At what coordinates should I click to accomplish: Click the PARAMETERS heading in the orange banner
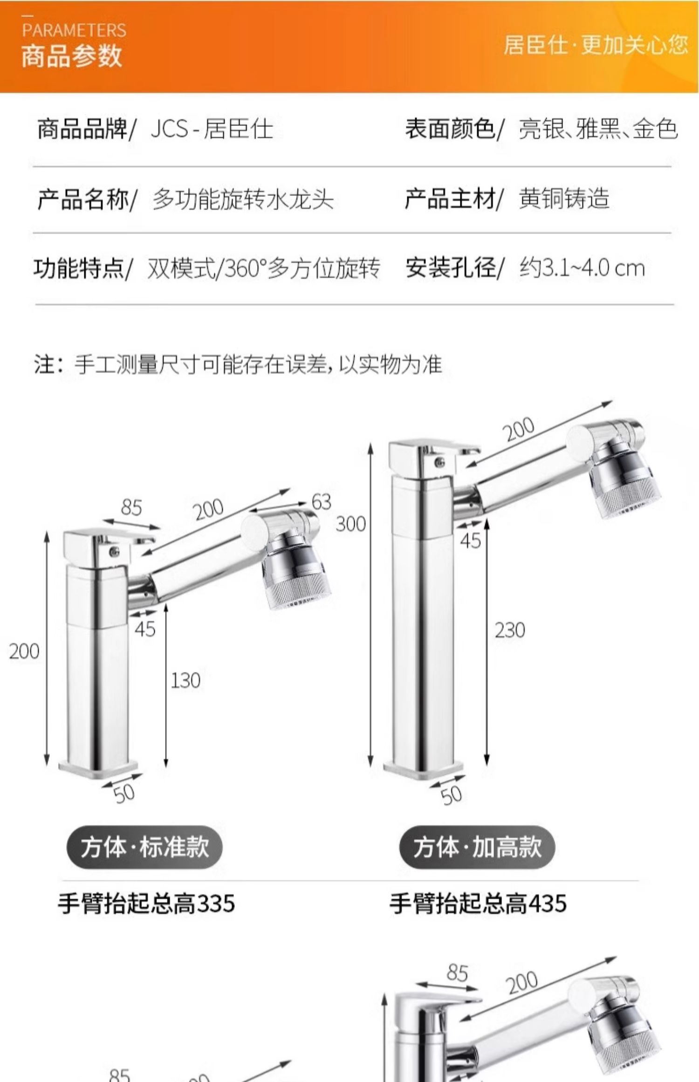[74, 30]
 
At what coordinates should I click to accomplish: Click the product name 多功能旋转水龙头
[243, 199]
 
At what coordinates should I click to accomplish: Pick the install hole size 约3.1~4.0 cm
[582, 268]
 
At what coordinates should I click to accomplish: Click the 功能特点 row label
[79, 268]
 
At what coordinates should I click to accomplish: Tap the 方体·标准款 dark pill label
[144, 847]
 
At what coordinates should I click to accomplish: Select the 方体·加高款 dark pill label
[477, 847]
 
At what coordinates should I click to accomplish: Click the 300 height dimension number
[351, 524]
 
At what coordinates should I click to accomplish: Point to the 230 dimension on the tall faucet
[510, 630]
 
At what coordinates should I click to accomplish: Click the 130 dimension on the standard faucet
[185, 681]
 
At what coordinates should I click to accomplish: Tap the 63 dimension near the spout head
[322, 502]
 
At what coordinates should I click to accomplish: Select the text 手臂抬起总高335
[146, 904]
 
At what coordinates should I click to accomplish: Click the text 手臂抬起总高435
[478, 904]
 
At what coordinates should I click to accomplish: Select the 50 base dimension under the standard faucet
[124, 793]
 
